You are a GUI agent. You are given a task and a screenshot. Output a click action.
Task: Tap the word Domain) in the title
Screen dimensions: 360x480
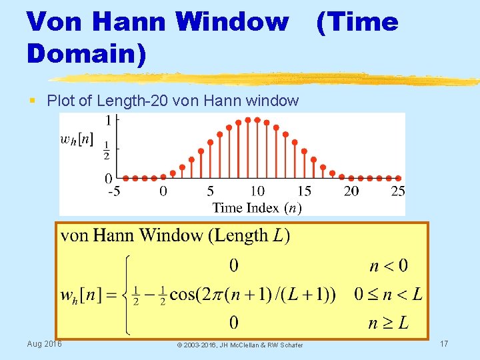(86, 53)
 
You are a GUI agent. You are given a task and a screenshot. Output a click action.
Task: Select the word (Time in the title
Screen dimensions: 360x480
(357, 22)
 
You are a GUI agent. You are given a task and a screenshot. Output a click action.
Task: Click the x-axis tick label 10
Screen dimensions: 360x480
(257, 191)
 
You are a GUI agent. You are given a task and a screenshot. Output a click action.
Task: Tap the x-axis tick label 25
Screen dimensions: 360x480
(397, 191)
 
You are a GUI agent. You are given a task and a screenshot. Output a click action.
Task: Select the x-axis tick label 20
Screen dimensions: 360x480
(351, 191)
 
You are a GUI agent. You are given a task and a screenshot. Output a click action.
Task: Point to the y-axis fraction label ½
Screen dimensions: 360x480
(107, 155)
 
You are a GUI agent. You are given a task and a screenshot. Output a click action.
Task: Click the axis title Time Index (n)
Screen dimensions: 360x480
(257, 207)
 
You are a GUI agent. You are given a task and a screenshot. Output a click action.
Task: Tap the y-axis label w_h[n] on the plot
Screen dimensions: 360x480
(77, 141)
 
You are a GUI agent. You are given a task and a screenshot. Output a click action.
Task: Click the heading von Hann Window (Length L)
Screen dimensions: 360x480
(175, 235)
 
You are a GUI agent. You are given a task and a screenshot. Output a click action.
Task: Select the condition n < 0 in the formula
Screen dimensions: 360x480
(389, 267)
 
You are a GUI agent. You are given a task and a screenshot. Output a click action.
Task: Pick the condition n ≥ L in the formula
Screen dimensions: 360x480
(389, 325)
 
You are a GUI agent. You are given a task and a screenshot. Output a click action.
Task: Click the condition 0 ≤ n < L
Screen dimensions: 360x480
(388, 295)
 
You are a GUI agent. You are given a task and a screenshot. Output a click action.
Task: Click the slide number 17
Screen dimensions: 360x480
(444, 343)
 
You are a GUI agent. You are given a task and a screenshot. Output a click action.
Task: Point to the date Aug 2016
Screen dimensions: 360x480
(44, 343)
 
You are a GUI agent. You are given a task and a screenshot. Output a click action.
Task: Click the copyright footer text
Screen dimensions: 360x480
(239, 345)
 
